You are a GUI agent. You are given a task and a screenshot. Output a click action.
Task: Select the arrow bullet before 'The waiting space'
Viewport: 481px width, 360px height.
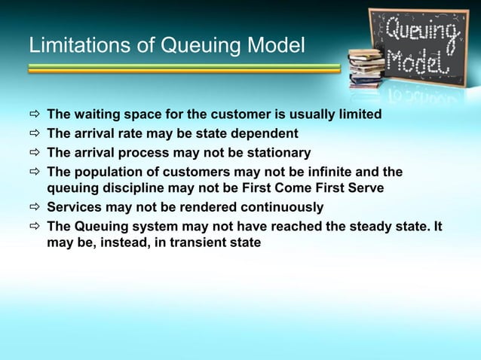(x=34, y=115)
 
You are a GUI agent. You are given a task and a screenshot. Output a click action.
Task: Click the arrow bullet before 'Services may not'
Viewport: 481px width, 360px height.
(x=34, y=208)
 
